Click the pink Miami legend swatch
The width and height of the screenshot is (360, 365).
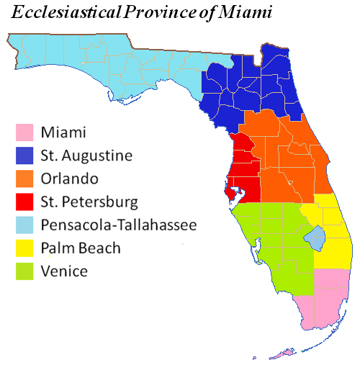click(x=26, y=132)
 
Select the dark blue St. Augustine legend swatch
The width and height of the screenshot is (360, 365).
click(x=26, y=156)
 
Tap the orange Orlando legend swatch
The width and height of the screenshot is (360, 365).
click(x=26, y=179)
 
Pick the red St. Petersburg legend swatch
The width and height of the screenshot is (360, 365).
click(x=26, y=202)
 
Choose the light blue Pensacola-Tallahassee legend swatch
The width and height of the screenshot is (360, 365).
click(x=26, y=225)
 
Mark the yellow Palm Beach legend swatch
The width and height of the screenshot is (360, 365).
click(x=26, y=248)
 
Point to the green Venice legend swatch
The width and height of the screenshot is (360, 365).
click(x=26, y=271)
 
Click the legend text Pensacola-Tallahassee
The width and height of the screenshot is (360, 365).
click(x=119, y=225)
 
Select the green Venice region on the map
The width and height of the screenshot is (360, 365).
click(x=270, y=245)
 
